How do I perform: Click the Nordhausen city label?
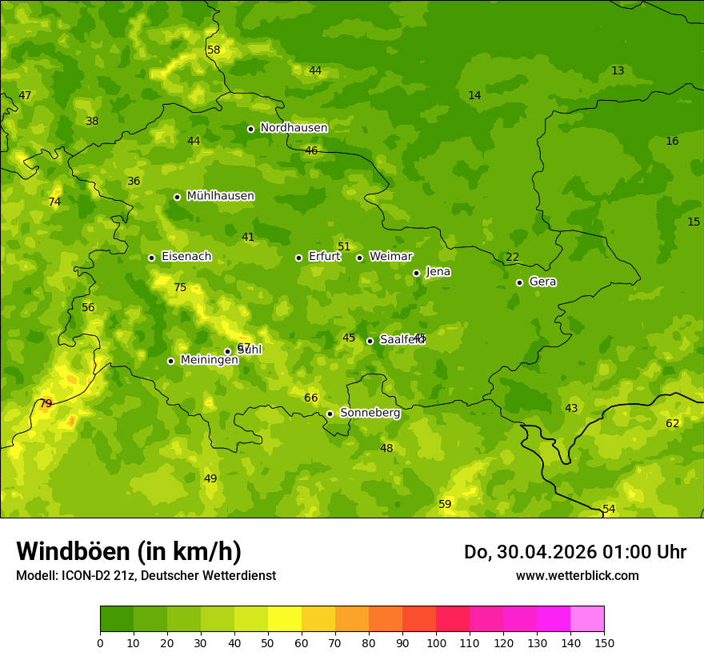coord(294,128)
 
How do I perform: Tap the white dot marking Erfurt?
coord(298,258)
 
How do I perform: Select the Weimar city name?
coord(390,257)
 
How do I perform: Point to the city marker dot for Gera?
coord(519,282)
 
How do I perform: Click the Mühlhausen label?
coord(220,196)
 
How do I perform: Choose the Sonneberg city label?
coord(370,413)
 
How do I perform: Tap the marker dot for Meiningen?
coord(170,361)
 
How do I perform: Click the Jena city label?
coord(438,272)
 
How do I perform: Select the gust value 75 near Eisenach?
coord(180,288)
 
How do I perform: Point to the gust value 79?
coord(46,403)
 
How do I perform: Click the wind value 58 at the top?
coord(214,50)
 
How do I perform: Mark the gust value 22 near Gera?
coord(512,257)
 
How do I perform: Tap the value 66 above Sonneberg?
coord(311,398)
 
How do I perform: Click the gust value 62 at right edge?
coord(672,423)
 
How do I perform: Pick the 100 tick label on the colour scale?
coord(436,642)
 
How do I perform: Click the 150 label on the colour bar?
coord(604,642)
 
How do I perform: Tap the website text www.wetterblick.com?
coord(577,576)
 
